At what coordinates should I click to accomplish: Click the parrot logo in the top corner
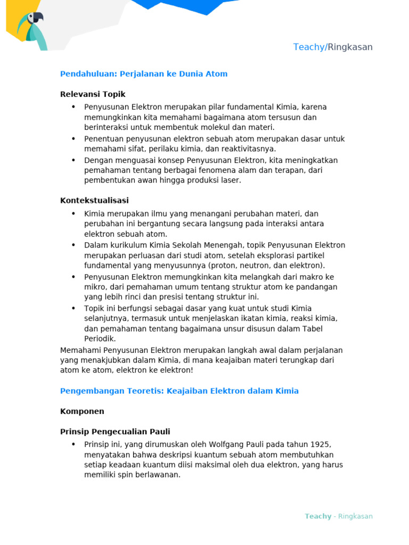click(x=31, y=29)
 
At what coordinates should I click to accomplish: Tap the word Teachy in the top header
click(x=309, y=47)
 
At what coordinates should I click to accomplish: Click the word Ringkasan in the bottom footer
click(x=355, y=516)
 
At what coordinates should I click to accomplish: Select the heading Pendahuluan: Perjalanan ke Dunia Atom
click(x=144, y=74)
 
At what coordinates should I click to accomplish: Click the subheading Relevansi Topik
click(x=93, y=94)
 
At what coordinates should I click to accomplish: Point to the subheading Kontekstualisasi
click(x=94, y=201)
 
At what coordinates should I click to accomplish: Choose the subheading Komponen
click(x=82, y=411)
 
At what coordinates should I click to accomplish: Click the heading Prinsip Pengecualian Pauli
click(x=115, y=432)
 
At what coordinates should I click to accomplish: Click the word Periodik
click(x=100, y=338)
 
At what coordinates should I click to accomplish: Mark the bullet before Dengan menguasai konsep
click(x=73, y=160)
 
